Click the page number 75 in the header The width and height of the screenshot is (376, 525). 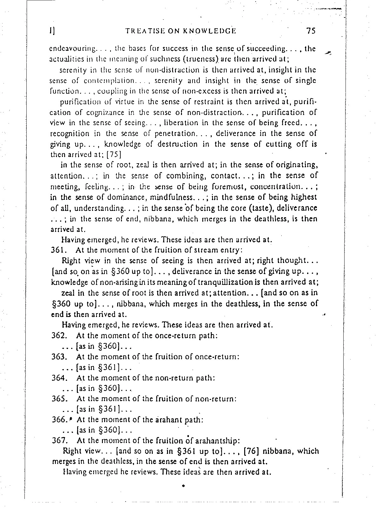(311, 31)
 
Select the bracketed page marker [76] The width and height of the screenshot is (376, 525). (252, 451)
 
